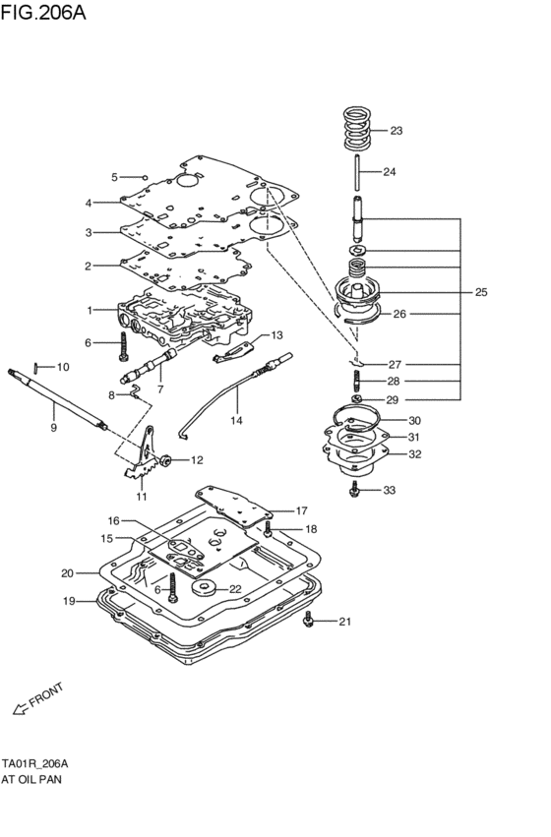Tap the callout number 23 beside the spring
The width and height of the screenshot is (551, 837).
[396, 131]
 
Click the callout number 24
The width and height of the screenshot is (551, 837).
[389, 172]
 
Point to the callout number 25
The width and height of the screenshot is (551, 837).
[481, 292]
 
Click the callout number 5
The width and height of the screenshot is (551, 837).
[114, 177]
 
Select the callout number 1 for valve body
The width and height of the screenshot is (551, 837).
[89, 310]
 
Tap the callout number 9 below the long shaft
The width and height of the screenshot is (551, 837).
[54, 427]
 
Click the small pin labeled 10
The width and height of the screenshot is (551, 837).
[36, 368]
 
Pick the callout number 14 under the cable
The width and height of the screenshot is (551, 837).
[236, 420]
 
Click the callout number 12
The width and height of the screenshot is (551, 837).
[197, 459]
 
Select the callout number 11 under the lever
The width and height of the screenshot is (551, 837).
[141, 497]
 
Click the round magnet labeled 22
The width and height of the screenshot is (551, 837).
[207, 589]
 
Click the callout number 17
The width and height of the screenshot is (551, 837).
[301, 510]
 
